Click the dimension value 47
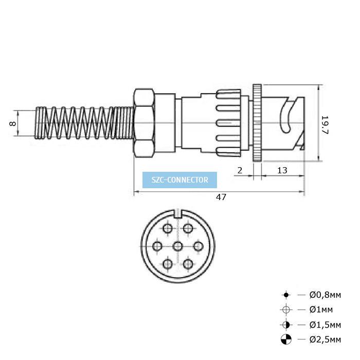tap(221, 197)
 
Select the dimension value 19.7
tap(325, 125)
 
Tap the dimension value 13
tap(282, 170)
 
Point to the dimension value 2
tap(240, 170)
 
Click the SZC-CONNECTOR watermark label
tap(180, 180)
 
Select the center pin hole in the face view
tap(178, 246)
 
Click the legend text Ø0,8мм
tap(325, 295)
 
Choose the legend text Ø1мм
tap(321, 310)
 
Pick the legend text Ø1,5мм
tap(325, 325)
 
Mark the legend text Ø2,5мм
tap(325, 339)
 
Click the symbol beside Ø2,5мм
tap(286, 339)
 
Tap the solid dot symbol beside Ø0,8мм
tap(286, 295)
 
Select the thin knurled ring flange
tap(257, 124)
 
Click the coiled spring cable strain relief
tap(82, 123)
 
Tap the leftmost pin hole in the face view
tap(157, 246)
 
